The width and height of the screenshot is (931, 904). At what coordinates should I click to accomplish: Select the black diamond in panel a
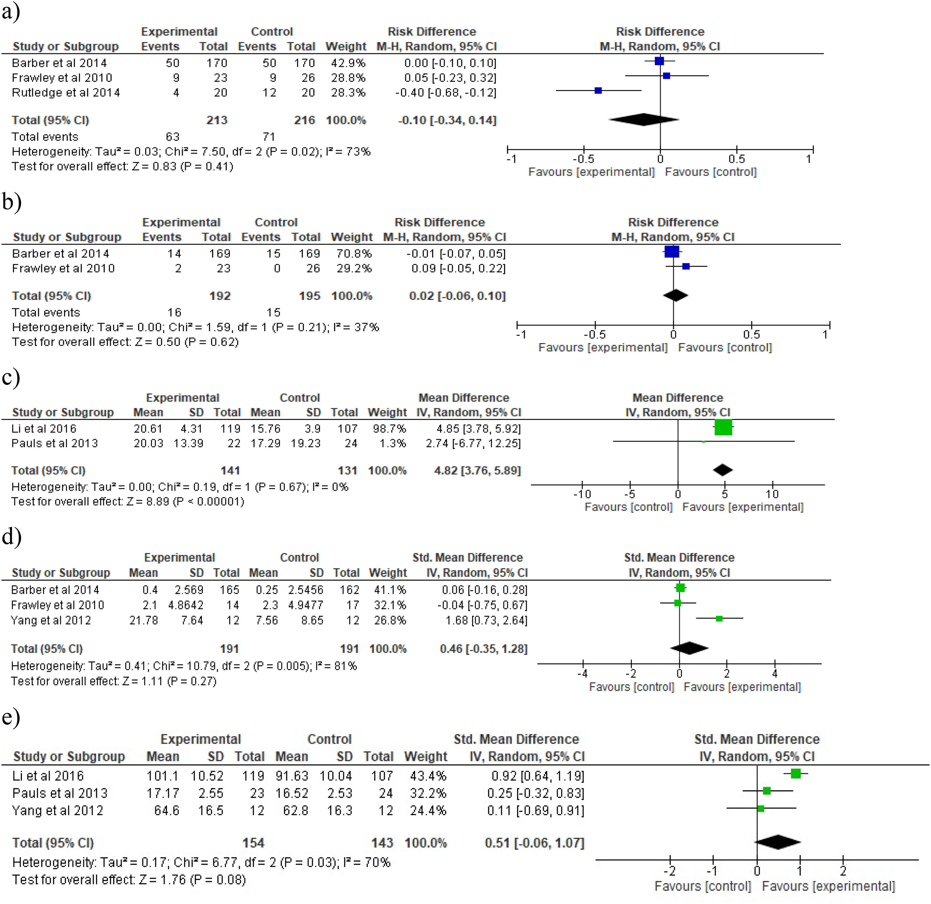(644, 120)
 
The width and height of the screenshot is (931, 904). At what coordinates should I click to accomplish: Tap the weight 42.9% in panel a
(348, 63)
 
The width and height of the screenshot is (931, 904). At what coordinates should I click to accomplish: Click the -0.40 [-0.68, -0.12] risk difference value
(446, 93)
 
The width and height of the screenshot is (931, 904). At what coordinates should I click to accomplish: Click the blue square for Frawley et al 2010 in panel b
(686, 266)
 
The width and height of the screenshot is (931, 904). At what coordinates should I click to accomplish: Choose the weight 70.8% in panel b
(354, 254)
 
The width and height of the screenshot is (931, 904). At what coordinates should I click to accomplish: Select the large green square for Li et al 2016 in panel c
(723, 427)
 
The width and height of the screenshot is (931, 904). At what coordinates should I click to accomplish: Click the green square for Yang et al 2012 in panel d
(719, 618)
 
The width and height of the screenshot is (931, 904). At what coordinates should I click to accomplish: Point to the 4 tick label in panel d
(775, 674)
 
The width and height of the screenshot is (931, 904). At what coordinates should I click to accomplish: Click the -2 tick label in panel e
(669, 871)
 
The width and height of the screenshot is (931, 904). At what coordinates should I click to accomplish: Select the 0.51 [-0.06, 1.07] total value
(534, 843)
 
